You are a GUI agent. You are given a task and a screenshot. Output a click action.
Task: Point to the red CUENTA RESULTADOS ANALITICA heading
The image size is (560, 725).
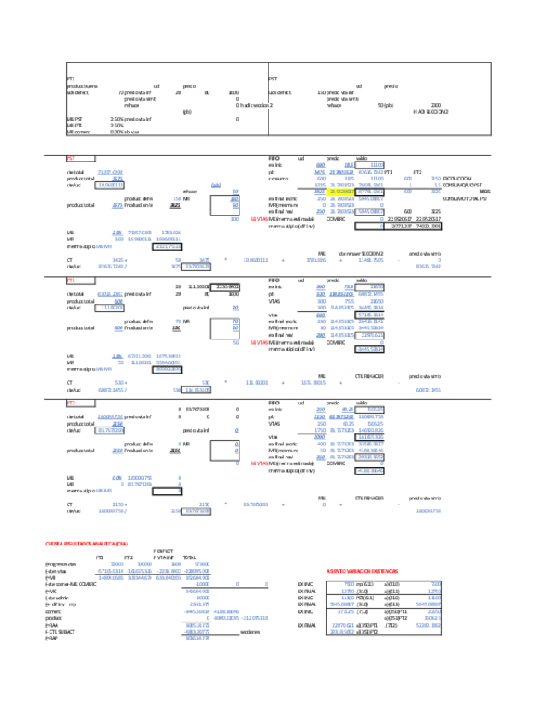tap(86, 545)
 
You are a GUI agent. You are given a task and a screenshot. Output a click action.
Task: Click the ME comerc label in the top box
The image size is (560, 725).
tap(78, 132)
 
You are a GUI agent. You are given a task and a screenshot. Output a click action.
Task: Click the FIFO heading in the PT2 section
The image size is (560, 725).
tap(274, 401)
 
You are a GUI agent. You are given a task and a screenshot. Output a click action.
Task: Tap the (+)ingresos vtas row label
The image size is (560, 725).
tap(61, 564)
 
